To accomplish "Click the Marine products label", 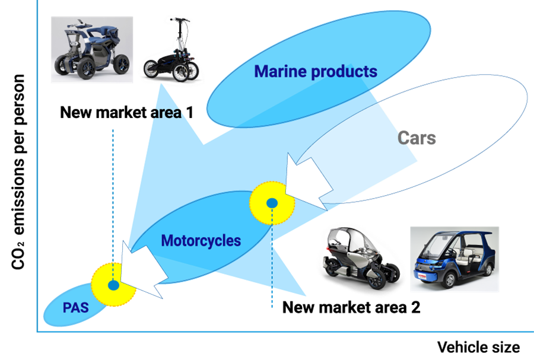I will (316, 72).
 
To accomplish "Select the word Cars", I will (417, 139).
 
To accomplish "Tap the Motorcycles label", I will (201, 241).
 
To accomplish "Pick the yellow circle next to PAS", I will (113, 285).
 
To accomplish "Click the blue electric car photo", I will (454, 259).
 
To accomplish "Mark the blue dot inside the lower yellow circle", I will (113, 285).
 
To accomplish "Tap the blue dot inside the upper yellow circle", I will (272, 203).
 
